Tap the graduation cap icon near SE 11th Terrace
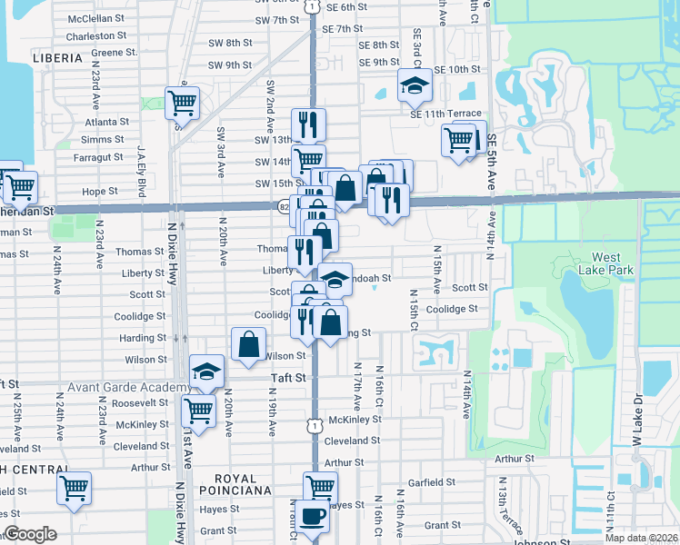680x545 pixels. pos(415,86)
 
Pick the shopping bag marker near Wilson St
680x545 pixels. pos(249,345)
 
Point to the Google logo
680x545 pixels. pos(30,535)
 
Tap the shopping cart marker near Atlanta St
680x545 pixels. pos(182,102)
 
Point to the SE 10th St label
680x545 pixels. pos(456,69)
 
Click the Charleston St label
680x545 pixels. pos(96,35)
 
